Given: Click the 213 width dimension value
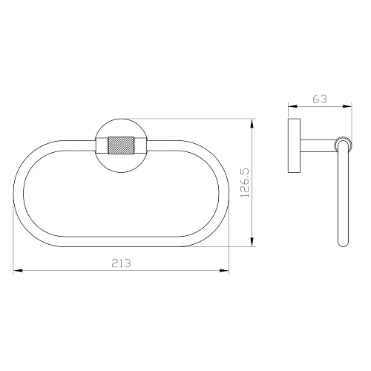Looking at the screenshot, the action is pyautogui.click(x=121, y=263).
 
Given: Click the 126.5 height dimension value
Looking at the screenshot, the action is pyautogui.click(x=245, y=183).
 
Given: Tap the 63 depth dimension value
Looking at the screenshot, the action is pyautogui.click(x=320, y=99).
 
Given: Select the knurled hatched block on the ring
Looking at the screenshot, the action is pyautogui.click(x=121, y=145).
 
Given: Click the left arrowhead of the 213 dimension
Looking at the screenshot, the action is pyautogui.click(x=18, y=271).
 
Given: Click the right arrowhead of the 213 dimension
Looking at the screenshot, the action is pyautogui.click(x=224, y=271).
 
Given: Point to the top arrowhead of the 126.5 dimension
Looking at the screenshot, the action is pyautogui.click(x=252, y=123).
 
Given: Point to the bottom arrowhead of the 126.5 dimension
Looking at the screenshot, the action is pyautogui.click(x=252, y=242).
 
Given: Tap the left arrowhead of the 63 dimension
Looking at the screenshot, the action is pyautogui.click(x=293, y=106).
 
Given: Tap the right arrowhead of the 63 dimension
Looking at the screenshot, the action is pyautogui.click(x=347, y=106).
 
